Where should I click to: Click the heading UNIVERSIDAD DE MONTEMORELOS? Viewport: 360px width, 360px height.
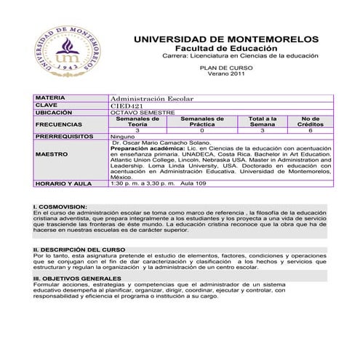[x=226, y=38]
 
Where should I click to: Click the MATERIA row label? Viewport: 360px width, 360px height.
[x=50, y=97]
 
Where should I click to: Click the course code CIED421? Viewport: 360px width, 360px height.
[x=127, y=105]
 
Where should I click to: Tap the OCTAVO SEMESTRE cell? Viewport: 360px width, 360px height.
[x=143, y=113]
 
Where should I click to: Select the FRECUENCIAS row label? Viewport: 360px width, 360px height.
[x=57, y=124]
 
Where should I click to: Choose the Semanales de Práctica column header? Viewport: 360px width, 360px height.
[x=202, y=121]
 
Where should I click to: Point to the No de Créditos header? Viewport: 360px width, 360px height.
[x=310, y=121]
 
